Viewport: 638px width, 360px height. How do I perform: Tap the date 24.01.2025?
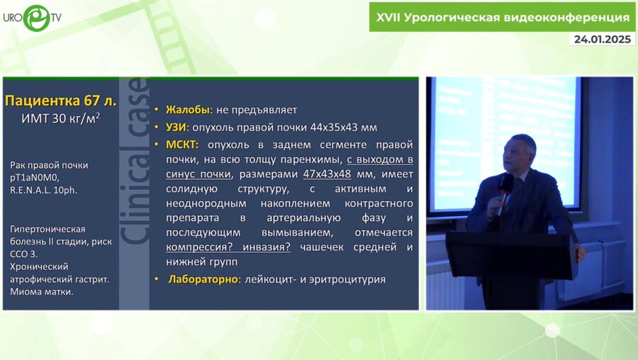click(x=602, y=39)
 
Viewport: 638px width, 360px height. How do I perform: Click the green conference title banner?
click(x=503, y=17)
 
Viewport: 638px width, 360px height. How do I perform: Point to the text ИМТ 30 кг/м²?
click(x=61, y=118)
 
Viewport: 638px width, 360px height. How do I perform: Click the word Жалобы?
click(x=188, y=110)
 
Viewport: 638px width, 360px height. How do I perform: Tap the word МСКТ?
click(x=182, y=144)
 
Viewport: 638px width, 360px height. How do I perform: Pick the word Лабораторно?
click(x=203, y=279)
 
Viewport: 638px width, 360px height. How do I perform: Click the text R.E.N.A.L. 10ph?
click(x=45, y=191)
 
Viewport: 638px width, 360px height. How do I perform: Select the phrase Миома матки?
click(x=42, y=291)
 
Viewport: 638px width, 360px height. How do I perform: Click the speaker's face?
click(x=521, y=154)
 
